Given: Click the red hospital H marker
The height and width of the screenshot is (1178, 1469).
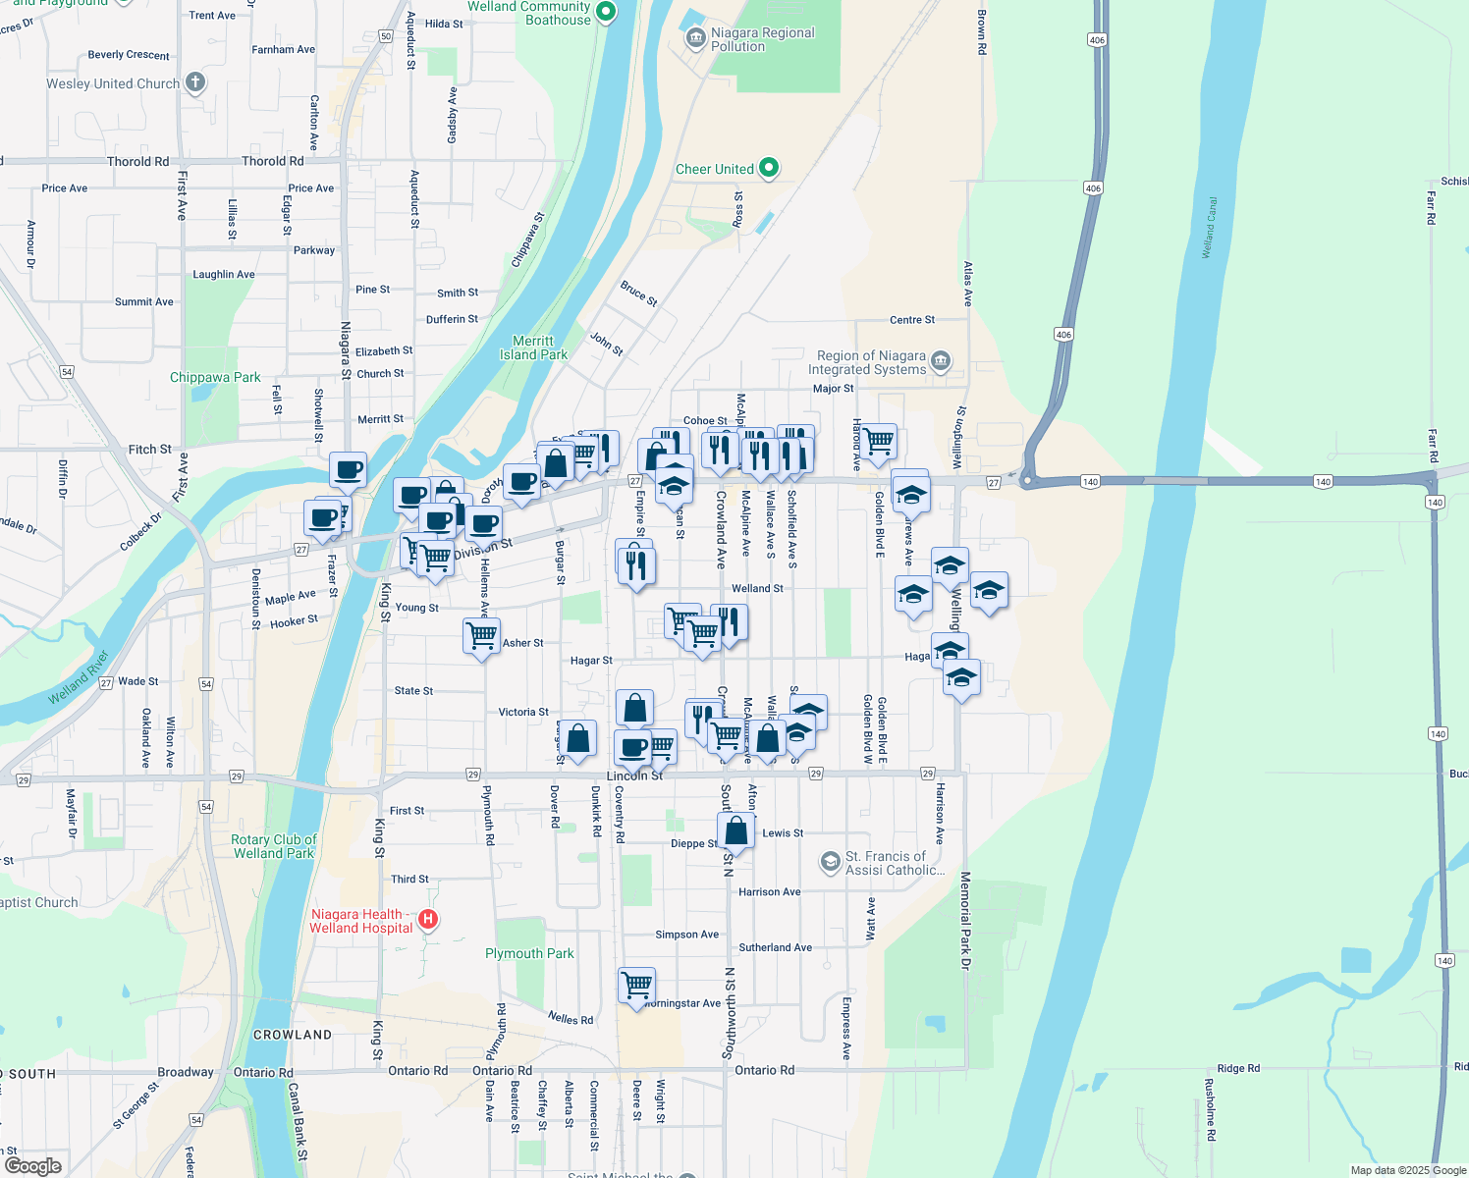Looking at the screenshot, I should [427, 920].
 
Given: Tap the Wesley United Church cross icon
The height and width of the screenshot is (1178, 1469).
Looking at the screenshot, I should [195, 82].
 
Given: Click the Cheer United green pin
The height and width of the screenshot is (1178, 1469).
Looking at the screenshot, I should [769, 168].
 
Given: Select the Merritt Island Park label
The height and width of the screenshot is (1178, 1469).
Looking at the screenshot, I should [533, 348].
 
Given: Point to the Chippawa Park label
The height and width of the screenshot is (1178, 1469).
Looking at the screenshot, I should [215, 377].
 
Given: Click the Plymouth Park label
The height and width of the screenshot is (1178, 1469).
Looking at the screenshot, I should [529, 953].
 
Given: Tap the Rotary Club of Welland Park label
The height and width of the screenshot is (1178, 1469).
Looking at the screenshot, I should [274, 846].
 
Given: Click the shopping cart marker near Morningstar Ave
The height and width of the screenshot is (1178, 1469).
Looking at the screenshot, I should [636, 984].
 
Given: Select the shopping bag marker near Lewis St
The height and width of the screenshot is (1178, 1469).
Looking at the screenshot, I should [735, 830].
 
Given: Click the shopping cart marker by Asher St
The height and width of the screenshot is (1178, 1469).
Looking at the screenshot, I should [481, 635].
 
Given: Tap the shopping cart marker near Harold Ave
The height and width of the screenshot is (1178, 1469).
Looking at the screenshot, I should [878, 441].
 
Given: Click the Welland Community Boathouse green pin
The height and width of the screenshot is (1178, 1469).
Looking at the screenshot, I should [606, 12].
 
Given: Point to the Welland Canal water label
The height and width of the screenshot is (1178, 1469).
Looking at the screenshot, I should [1210, 228].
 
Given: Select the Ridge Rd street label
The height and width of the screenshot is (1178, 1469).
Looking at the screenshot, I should [1237, 1068].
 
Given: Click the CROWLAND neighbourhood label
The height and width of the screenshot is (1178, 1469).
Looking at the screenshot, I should [293, 1035].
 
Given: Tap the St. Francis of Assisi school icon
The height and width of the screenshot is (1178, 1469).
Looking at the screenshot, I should [831, 862].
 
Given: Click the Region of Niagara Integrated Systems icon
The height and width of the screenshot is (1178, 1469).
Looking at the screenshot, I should [941, 361].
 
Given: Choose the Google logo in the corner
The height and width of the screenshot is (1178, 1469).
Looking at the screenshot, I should [33, 1165].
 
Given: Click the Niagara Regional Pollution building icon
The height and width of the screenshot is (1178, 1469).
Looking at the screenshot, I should [695, 38].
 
